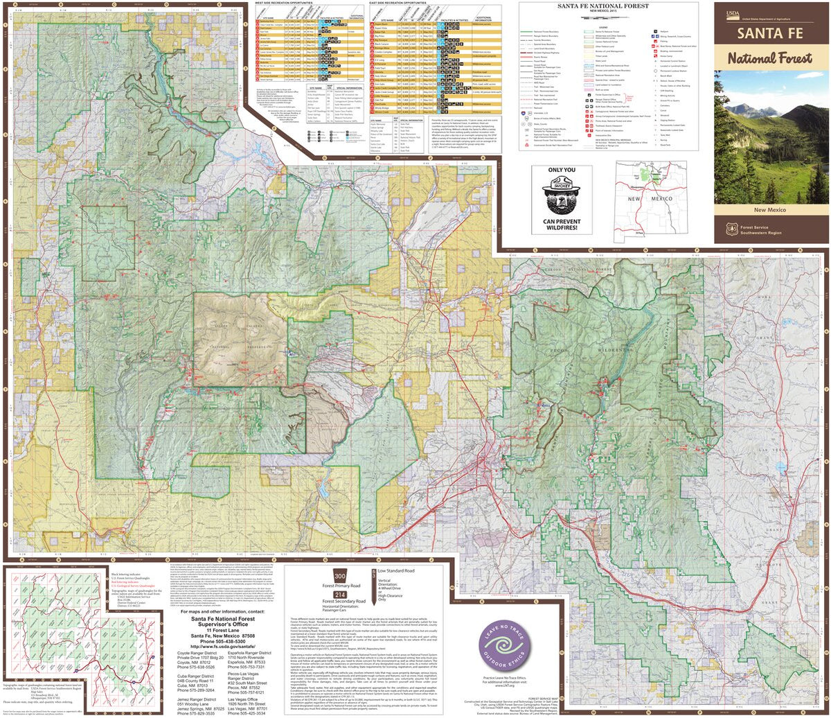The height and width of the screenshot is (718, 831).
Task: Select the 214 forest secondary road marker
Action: pyautogui.click(x=339, y=595)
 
